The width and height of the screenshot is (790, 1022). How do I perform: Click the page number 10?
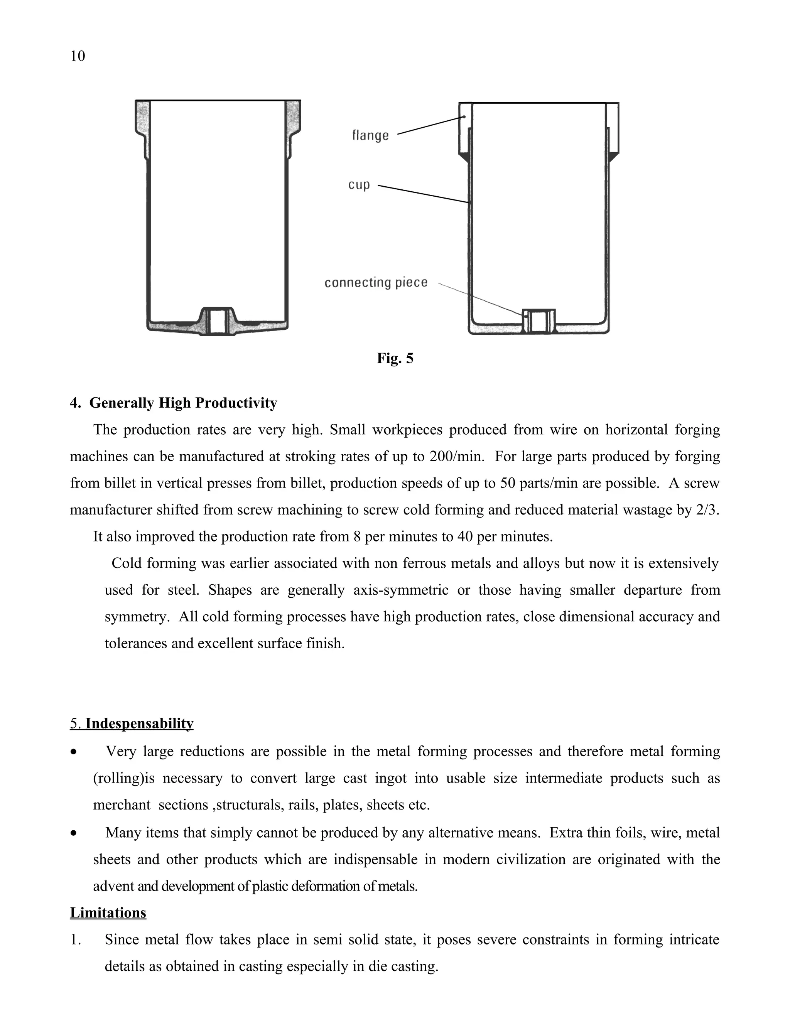[x=78, y=56]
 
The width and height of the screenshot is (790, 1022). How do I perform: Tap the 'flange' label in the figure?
[x=370, y=135]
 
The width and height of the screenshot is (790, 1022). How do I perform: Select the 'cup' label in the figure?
[x=359, y=185]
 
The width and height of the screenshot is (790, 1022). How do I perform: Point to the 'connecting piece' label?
[x=376, y=283]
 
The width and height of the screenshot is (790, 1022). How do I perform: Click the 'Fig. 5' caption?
[x=395, y=358]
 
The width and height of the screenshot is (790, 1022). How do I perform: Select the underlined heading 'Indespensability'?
[x=139, y=723]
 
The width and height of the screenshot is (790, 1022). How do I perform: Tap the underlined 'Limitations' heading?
[x=108, y=913]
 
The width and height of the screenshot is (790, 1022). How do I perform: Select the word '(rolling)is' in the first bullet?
[x=124, y=778]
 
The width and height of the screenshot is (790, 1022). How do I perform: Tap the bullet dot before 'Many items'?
[x=73, y=833]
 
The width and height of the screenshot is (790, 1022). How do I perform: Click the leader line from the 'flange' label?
[x=430, y=125]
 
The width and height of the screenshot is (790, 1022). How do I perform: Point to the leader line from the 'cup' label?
[x=423, y=194]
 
